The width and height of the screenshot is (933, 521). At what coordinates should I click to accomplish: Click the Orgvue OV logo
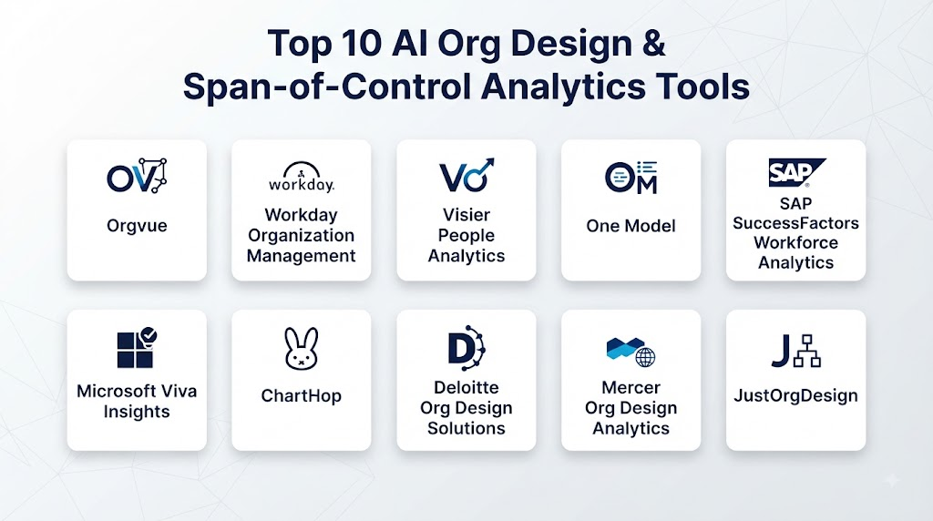(137, 176)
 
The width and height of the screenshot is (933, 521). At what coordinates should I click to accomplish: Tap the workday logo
(301, 177)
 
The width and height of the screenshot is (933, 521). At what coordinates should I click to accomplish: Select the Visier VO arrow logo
(466, 175)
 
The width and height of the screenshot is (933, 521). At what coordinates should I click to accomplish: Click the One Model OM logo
(631, 178)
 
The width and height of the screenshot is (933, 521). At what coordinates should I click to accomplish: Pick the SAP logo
(796, 172)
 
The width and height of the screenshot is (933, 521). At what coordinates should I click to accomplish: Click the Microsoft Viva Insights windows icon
(137, 347)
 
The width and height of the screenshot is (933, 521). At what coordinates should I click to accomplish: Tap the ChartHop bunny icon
(301, 349)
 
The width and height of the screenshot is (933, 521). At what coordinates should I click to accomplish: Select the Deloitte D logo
(466, 348)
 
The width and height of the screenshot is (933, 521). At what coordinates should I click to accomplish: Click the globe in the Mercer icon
(646, 357)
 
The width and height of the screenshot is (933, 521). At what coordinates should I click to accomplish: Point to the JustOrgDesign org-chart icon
(807, 351)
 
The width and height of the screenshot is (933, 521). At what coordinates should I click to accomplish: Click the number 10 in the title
(362, 44)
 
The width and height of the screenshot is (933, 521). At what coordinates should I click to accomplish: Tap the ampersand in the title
(653, 44)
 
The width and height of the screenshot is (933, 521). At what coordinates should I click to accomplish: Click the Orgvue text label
(137, 226)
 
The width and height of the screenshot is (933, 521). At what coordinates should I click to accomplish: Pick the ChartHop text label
(301, 395)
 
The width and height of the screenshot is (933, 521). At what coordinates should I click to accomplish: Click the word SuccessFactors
(795, 223)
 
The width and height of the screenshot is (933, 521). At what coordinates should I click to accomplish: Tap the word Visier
(466, 215)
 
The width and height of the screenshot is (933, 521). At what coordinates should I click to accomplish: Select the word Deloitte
(466, 387)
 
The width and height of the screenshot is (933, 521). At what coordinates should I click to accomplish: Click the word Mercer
(631, 387)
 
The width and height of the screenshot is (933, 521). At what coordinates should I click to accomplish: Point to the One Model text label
(631, 226)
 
